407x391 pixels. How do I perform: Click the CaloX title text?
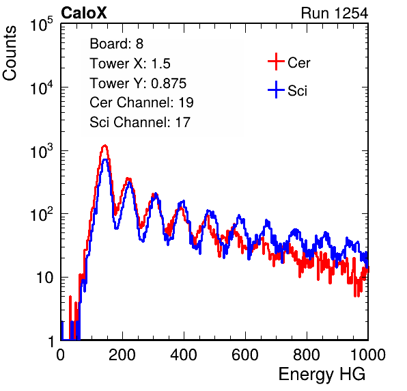[x=84, y=13]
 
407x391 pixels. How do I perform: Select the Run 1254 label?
[x=335, y=13]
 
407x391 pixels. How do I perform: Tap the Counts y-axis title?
[x=10, y=53]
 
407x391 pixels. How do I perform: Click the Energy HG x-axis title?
[x=322, y=374]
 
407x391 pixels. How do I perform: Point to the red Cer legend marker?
[x=276, y=62]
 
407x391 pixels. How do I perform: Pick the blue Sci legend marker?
[x=276, y=90]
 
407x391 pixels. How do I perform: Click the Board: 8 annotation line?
[x=117, y=44]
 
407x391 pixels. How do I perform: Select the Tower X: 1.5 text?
[x=130, y=64]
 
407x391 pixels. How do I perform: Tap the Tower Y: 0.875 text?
[x=138, y=83]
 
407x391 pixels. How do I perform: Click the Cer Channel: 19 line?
[x=141, y=103]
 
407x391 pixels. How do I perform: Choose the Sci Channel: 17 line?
[x=140, y=122]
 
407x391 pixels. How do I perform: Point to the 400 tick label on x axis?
[x=184, y=355]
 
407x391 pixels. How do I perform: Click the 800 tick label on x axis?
[x=307, y=355]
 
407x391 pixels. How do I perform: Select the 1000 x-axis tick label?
[x=368, y=355]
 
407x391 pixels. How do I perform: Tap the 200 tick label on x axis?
[x=122, y=355]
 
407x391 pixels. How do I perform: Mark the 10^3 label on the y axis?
[x=42, y=151]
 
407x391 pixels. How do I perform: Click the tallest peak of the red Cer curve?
[x=104, y=146]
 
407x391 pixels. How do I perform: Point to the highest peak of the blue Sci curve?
[x=105, y=160]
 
